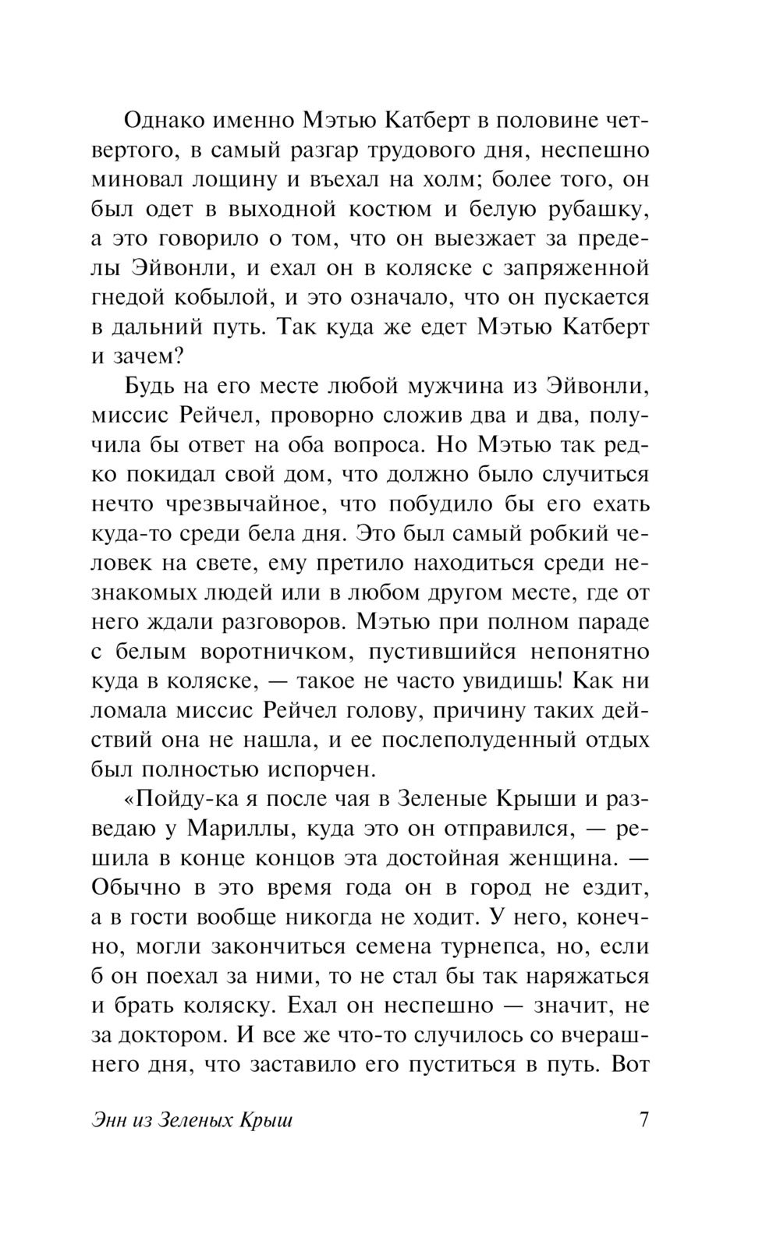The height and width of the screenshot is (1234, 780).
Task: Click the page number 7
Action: click(x=643, y=1121)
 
